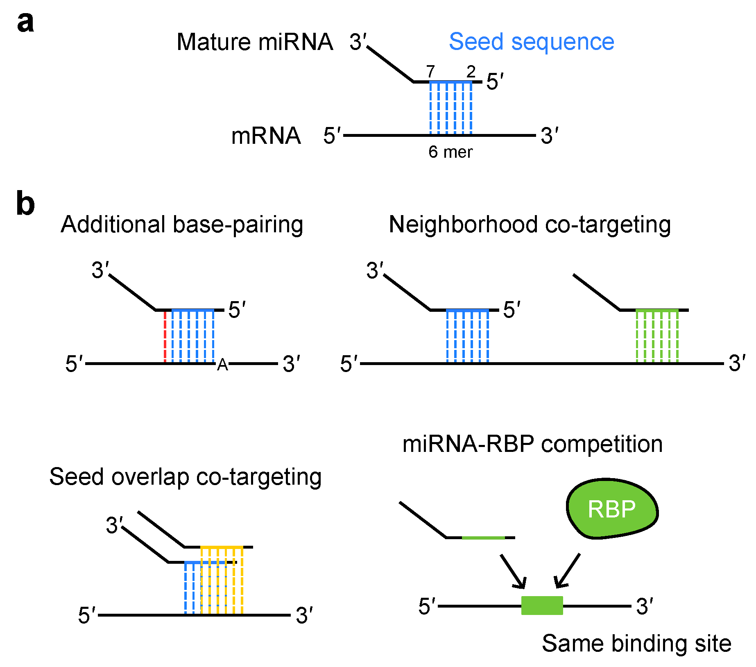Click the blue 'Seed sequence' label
532,41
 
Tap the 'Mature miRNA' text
255,42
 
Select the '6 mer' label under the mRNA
450,152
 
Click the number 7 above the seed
430,72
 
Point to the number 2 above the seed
471,72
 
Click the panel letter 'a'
25,22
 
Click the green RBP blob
612,508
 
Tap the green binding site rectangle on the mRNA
542,606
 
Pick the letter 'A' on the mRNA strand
222,365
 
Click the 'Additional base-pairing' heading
182,225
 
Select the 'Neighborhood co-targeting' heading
530,225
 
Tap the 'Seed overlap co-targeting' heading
185,477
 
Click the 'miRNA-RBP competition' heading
532,444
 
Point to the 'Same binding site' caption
636,643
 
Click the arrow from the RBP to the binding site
567,571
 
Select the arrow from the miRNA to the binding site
512,572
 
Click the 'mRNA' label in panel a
266,136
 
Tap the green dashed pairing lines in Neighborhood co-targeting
657,336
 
